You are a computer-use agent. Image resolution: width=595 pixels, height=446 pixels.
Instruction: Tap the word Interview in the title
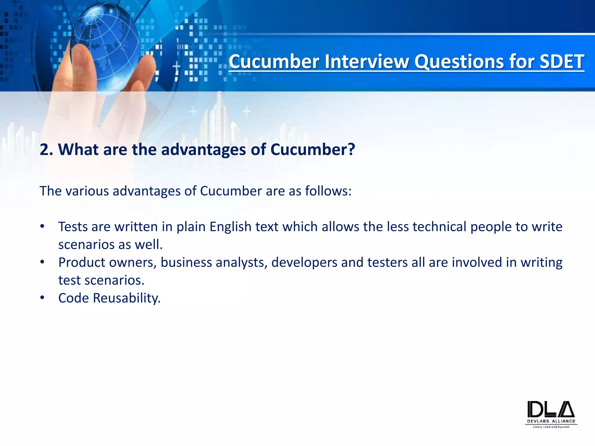[x=366, y=62]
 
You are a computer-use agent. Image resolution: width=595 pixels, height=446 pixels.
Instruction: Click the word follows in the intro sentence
[x=328, y=191]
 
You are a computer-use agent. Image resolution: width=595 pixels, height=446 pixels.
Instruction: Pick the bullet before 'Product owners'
[x=42, y=262]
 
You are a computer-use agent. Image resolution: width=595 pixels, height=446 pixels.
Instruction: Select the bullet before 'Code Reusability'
[x=42, y=298]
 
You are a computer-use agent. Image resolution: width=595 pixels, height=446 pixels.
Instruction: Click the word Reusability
[x=126, y=298]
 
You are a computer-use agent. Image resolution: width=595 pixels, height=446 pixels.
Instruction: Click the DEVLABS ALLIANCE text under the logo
[x=551, y=421]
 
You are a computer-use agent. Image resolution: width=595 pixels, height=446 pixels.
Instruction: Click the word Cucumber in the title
[x=273, y=62]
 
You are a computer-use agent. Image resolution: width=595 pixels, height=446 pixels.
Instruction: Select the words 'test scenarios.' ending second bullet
[x=101, y=280]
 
